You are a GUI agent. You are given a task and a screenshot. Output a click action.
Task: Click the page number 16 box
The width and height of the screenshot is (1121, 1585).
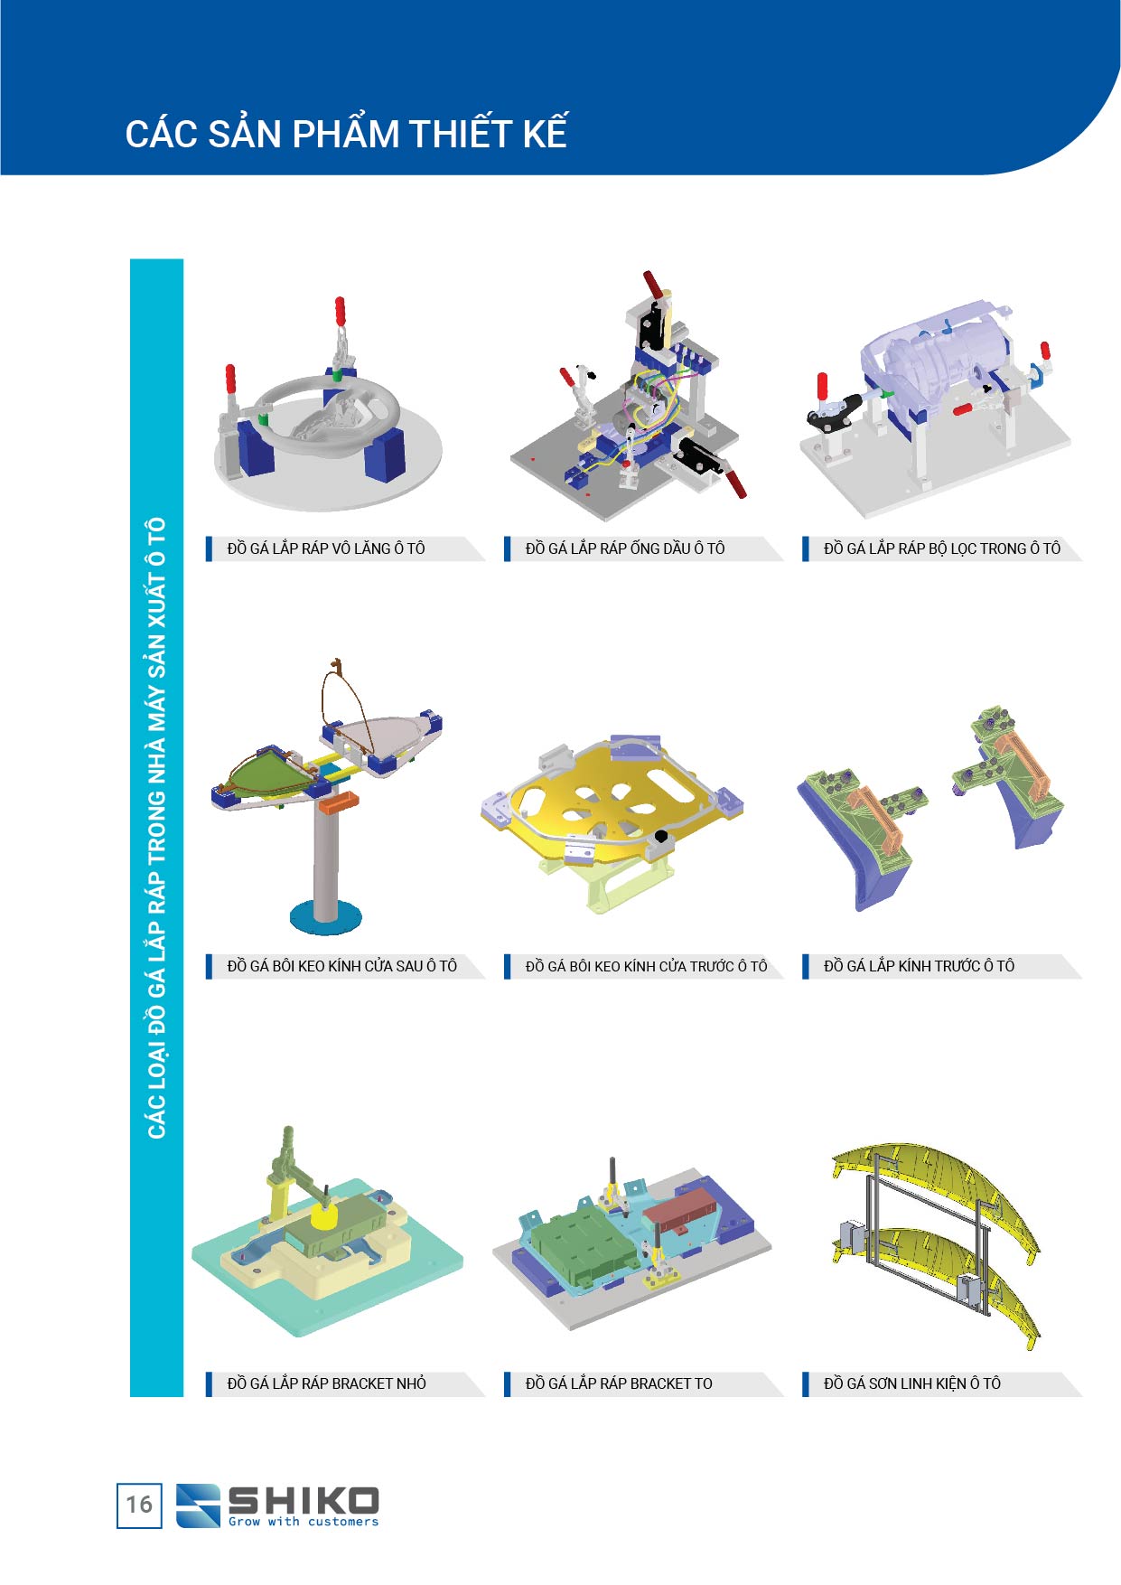[139, 1505]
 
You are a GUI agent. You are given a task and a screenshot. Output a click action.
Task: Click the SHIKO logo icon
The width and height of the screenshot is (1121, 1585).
[198, 1505]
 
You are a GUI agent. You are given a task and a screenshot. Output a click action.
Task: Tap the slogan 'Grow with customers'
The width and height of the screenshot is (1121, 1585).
[304, 1522]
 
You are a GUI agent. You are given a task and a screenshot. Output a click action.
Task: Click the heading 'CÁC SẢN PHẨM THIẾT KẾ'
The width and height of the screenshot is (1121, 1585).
[346, 134]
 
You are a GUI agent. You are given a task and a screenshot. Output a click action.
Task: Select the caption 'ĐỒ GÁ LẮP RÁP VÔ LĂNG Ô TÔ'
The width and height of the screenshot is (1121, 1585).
[326, 549]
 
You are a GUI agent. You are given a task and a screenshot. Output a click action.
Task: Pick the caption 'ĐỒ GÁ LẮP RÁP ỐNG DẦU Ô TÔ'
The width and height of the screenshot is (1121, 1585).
[625, 549]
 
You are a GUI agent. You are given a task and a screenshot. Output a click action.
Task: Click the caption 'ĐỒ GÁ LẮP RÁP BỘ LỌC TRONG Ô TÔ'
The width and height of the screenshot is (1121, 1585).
[942, 549]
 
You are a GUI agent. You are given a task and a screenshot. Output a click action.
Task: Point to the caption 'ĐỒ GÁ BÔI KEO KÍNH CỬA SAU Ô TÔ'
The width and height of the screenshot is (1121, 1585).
[342, 966]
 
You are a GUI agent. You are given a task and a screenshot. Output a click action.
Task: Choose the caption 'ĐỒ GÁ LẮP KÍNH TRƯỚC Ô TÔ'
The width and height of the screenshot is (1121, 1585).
[919, 966]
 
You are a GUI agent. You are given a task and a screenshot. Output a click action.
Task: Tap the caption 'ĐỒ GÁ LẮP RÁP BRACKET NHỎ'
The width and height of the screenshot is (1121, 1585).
[326, 1383]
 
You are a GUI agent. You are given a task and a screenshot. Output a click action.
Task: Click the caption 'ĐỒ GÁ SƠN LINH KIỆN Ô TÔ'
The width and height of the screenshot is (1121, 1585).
[912, 1383]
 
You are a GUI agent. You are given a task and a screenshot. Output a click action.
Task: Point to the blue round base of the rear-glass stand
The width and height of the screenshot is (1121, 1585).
[326, 918]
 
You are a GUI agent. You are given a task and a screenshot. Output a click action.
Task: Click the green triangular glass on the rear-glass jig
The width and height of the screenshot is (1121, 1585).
[269, 774]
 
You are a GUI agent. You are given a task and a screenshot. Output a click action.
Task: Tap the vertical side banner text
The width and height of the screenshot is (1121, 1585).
[156, 828]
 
